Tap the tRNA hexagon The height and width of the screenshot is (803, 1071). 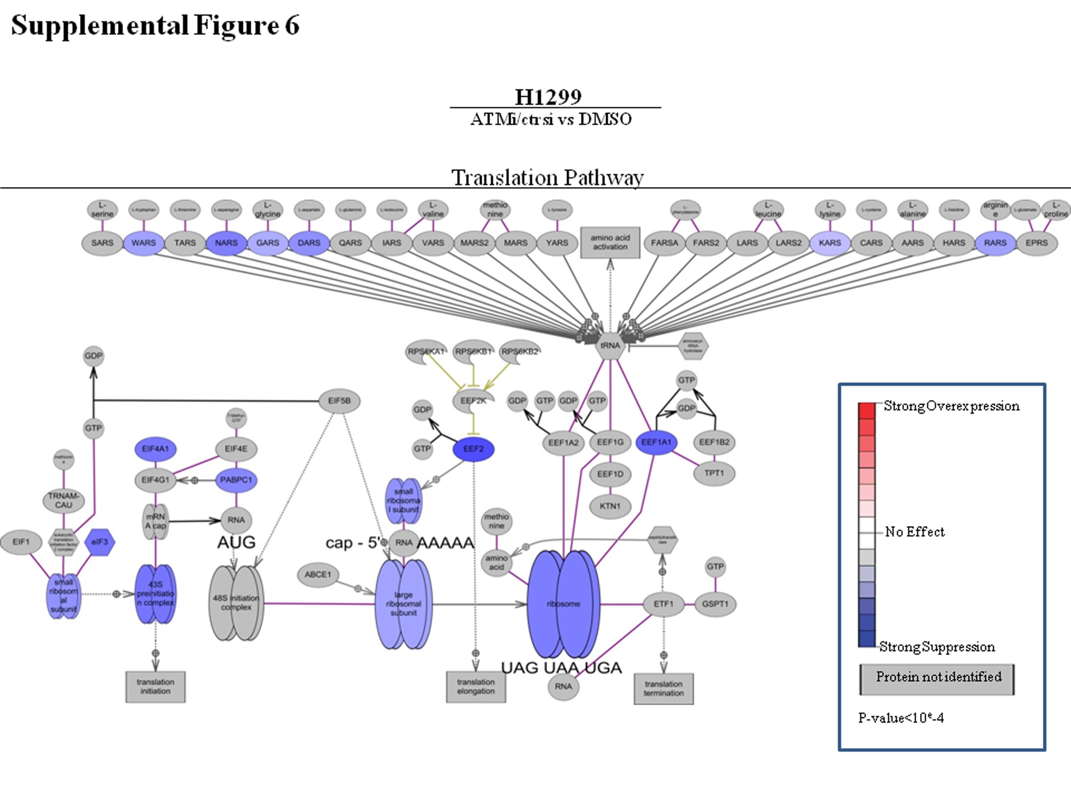pos(610,345)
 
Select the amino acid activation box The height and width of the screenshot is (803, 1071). pos(610,242)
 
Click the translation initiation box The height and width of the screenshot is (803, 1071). pos(155,686)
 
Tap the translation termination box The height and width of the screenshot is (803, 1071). pos(663,688)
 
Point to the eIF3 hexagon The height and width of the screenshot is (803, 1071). pos(100,542)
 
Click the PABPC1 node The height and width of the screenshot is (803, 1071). pos(236,480)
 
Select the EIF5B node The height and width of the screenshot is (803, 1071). pos(340,401)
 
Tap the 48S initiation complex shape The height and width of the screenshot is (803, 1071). pos(236,603)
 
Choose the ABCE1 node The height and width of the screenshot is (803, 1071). pos(318,575)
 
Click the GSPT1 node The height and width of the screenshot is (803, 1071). pos(715,604)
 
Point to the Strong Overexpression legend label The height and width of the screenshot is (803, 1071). pos(951,406)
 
